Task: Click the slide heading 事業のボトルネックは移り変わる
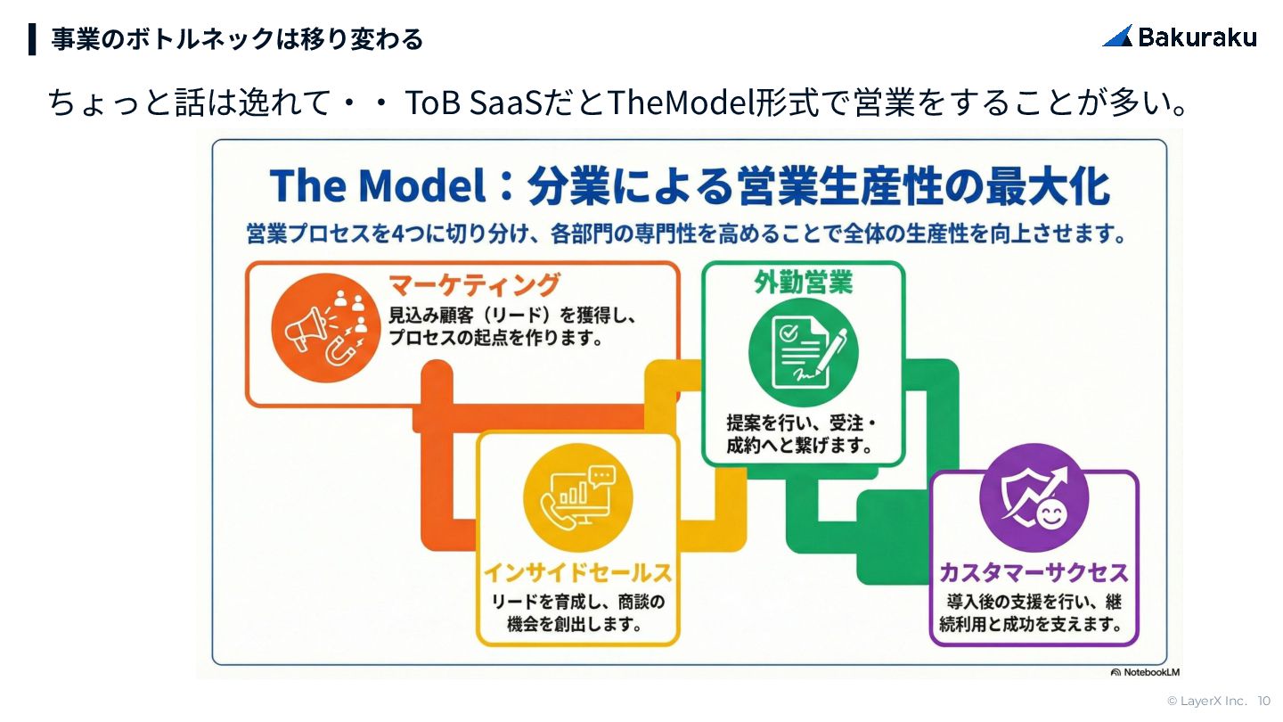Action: tap(236, 39)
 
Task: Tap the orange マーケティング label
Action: tap(475, 284)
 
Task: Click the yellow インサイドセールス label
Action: tap(577, 571)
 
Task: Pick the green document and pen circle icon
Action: tap(803, 351)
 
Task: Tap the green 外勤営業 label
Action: tap(803, 283)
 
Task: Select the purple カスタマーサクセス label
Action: tap(1034, 571)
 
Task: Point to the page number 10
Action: tap(1264, 701)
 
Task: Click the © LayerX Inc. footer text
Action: tap(1207, 701)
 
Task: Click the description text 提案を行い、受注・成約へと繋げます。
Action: tap(803, 433)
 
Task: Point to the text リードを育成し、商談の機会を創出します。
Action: tap(577, 612)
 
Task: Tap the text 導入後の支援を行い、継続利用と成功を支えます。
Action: tap(1034, 612)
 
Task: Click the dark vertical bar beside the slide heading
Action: tap(32, 39)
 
